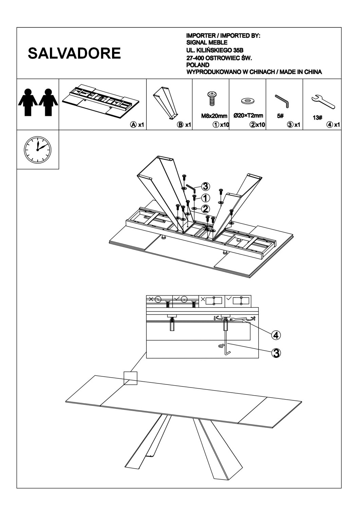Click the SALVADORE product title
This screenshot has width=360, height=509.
coord(74,53)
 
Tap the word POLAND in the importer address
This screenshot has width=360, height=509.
coord(198,64)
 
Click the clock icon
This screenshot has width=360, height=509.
coord(37,149)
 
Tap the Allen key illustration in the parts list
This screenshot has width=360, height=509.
coord(282,101)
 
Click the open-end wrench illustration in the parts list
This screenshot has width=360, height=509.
coord(323,101)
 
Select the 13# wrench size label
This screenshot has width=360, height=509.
coord(317,118)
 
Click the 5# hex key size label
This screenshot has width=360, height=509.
coord(280,116)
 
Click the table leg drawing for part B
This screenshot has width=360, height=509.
coord(167,103)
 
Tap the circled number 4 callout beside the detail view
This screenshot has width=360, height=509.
coord(276,335)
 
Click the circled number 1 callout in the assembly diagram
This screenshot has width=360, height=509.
coord(205,197)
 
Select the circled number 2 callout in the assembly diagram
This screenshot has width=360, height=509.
coord(205,209)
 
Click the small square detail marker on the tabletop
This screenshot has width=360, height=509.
coord(130,378)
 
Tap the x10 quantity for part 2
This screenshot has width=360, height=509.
coord(260,125)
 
